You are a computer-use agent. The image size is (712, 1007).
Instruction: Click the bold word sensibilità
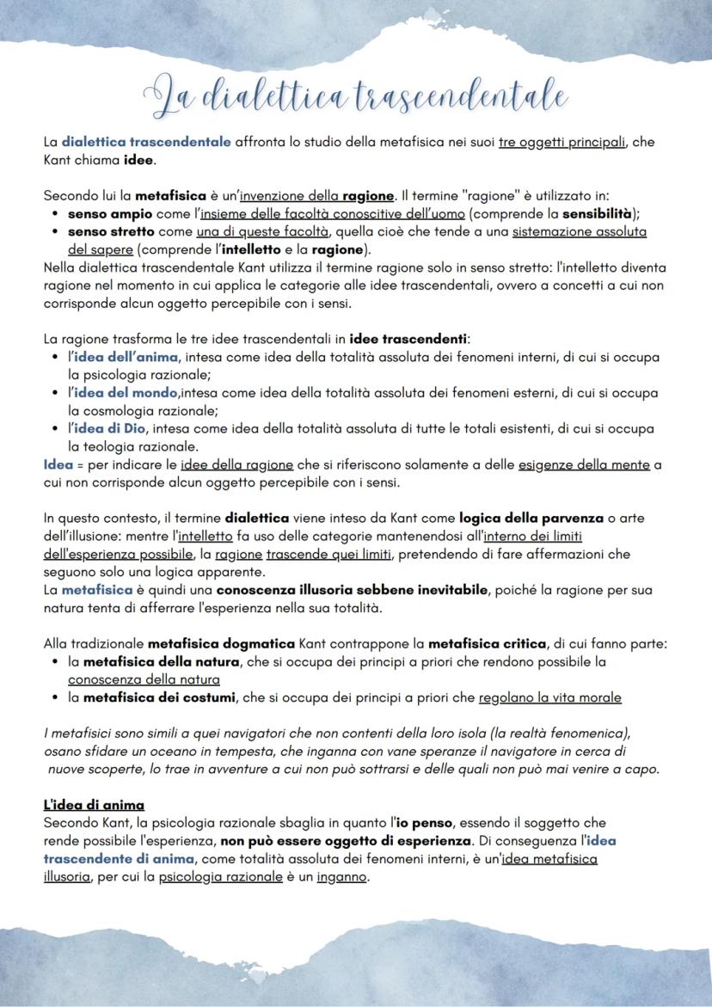(x=600, y=213)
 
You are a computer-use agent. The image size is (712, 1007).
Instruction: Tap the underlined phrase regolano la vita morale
(x=549, y=697)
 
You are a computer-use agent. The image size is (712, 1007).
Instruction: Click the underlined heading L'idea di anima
(x=94, y=805)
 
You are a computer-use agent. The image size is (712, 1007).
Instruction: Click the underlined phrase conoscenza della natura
(x=144, y=679)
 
